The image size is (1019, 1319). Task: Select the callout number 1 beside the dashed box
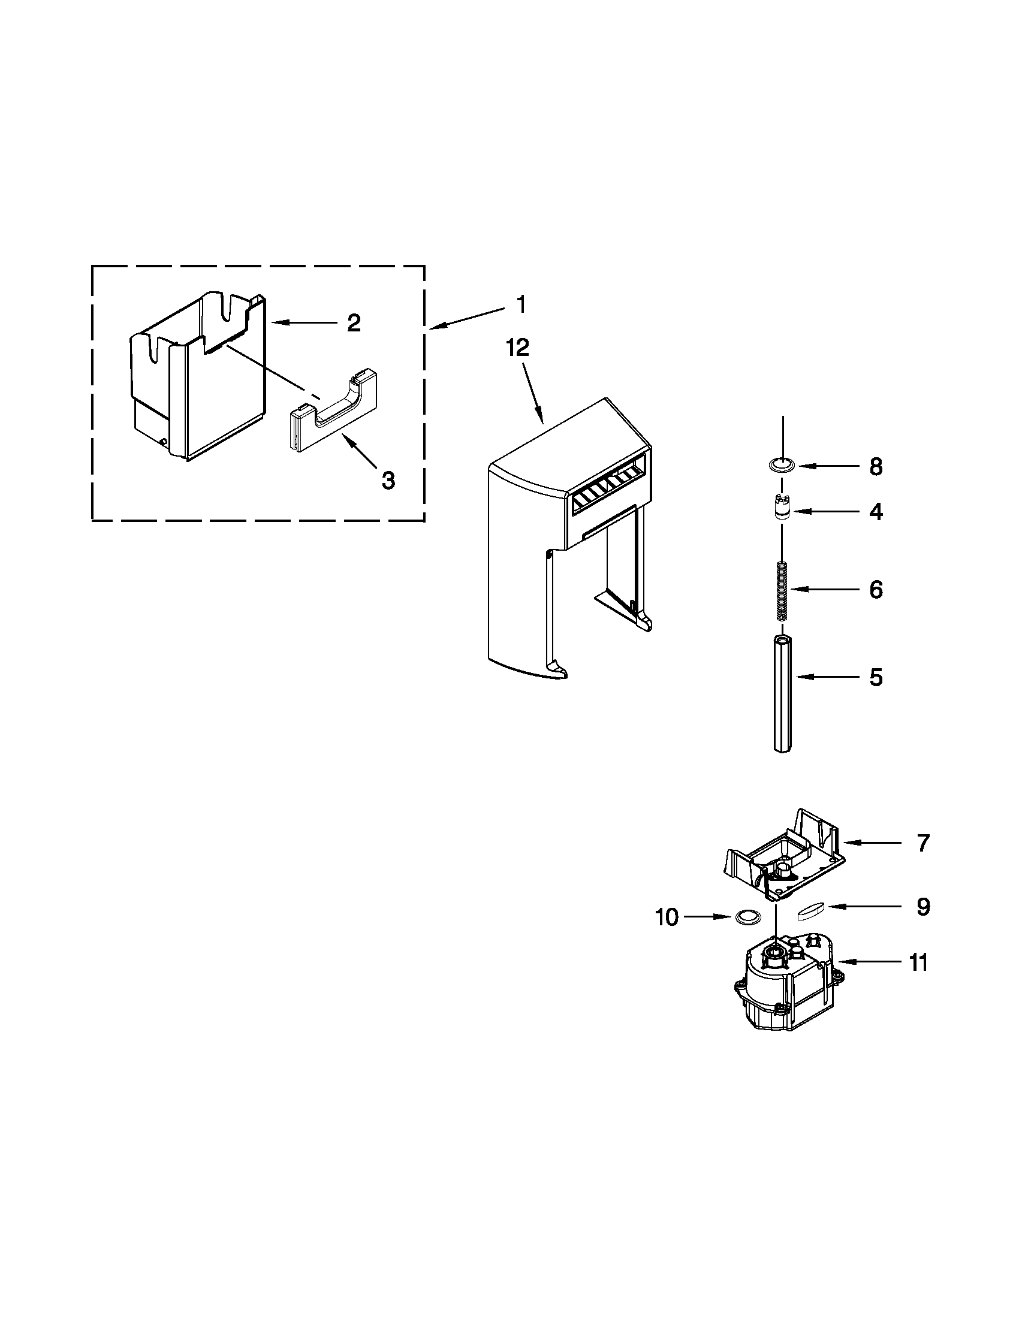click(521, 304)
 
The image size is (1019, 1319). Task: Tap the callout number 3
click(388, 481)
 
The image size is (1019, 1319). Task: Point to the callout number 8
click(876, 467)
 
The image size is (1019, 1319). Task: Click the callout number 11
click(918, 962)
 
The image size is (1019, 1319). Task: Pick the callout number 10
click(667, 917)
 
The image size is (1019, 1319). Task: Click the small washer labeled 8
click(782, 464)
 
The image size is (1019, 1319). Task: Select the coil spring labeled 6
click(782, 590)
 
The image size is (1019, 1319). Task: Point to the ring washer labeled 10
click(747, 917)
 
